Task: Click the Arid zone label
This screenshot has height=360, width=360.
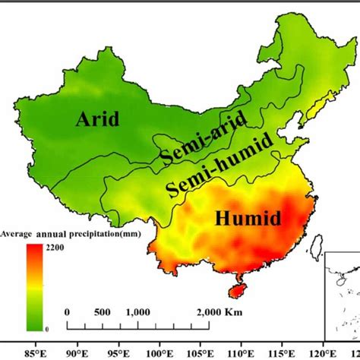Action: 99,119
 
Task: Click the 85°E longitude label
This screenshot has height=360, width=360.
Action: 34,352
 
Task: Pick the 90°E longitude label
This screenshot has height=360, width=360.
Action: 77,352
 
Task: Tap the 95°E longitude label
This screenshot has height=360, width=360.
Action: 118,352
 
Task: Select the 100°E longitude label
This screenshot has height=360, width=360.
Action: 160,352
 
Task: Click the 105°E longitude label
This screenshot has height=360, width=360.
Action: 203,352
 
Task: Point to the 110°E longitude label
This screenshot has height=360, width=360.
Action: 245,352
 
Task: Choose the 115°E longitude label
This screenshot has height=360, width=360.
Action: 287,352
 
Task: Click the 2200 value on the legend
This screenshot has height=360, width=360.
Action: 55,247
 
